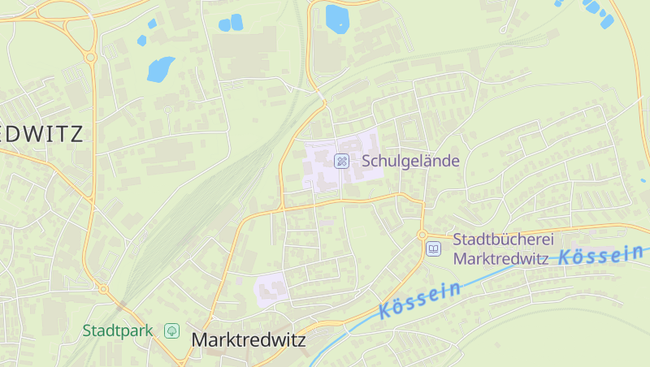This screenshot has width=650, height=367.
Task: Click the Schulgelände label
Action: click(x=410, y=161)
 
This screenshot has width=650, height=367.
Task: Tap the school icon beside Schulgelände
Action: click(x=342, y=161)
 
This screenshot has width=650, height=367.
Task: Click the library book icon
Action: click(x=434, y=249)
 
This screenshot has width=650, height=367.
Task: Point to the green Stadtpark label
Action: click(x=116, y=330)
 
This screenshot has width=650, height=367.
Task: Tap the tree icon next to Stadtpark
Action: click(x=171, y=330)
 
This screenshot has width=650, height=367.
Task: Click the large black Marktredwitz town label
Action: click(x=249, y=340)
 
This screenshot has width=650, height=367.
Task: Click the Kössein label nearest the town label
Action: click(x=420, y=299)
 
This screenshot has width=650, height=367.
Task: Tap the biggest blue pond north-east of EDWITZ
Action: click(x=160, y=69)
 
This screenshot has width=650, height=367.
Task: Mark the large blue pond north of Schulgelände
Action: click(x=336, y=18)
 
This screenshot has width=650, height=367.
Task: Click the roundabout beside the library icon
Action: click(x=422, y=235)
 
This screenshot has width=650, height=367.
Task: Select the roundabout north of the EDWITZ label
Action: click(x=90, y=57)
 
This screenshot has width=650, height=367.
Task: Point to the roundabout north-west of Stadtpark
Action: click(x=103, y=288)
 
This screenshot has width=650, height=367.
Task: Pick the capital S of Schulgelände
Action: click(x=367, y=161)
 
